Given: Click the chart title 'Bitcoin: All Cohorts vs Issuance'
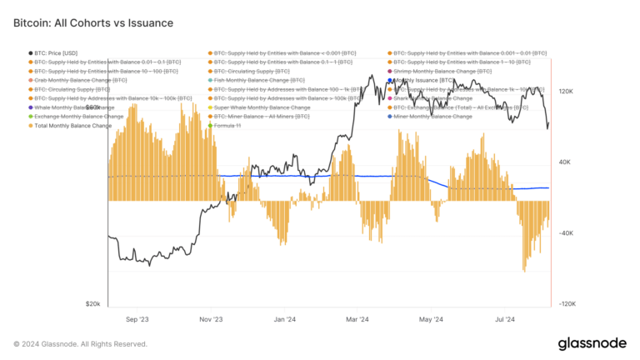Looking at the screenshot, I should (93, 23).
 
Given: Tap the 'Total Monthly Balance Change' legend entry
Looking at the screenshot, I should (76, 126).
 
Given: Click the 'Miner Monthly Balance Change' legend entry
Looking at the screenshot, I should (432, 117).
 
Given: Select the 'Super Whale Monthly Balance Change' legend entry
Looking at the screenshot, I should (262, 107).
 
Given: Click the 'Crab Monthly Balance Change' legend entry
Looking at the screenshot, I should (80, 81).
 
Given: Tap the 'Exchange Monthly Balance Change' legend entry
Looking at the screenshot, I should (78, 117).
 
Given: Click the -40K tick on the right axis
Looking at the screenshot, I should (566, 233).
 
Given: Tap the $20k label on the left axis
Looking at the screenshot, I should (92, 304).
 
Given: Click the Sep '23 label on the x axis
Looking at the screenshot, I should (137, 319).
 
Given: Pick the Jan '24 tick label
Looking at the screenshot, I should (285, 319).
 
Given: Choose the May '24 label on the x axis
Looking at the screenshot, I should (431, 319).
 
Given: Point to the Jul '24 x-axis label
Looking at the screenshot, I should (504, 319).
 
